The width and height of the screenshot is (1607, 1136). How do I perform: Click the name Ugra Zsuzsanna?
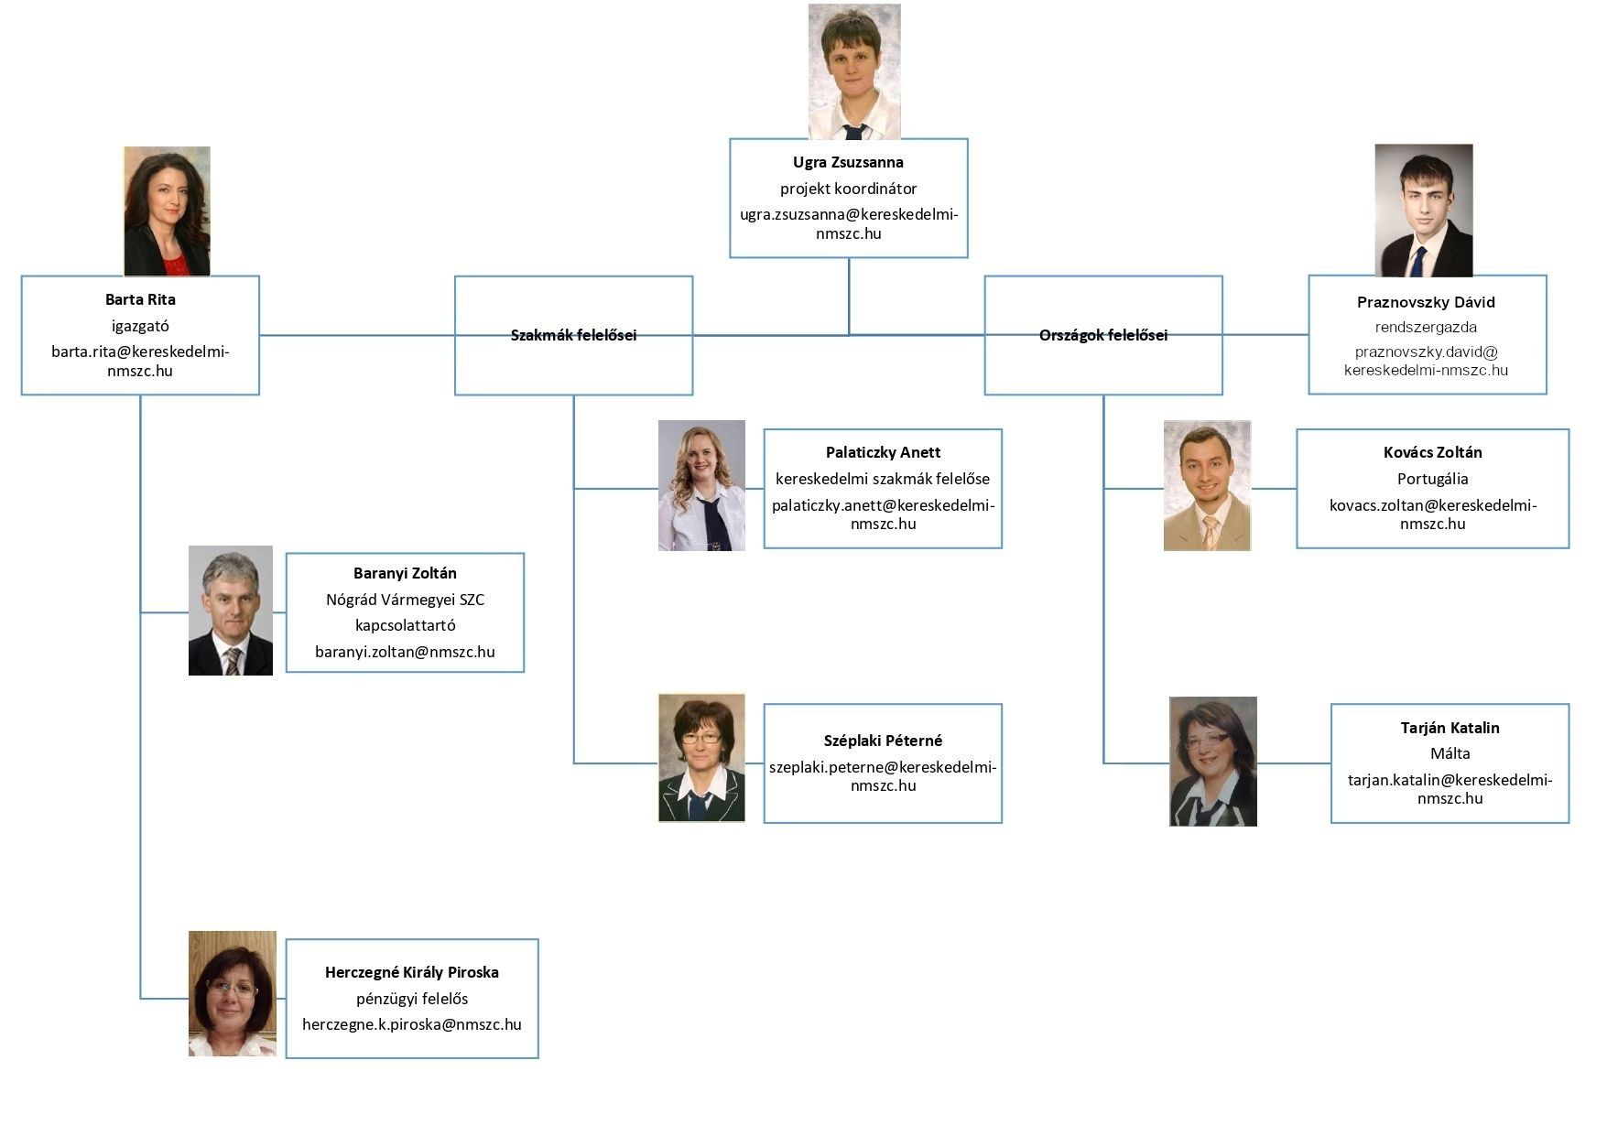point(848,162)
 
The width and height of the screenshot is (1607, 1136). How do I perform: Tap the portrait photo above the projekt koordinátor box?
point(853,71)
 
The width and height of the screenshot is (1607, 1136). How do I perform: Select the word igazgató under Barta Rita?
point(140,326)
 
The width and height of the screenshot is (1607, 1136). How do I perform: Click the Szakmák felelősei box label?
point(573,335)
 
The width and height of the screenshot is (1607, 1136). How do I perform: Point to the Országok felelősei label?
point(1102,335)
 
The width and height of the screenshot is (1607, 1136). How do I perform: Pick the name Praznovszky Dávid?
point(1426,302)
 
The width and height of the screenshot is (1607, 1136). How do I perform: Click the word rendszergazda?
point(1426,327)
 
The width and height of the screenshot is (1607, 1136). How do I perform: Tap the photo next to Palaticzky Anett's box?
point(701,485)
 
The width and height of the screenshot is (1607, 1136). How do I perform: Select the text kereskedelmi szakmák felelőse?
point(882,479)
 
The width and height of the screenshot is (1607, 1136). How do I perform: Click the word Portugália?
point(1432,479)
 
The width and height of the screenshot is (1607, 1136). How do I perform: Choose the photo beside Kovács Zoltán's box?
point(1207,485)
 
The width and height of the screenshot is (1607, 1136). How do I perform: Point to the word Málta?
point(1450,753)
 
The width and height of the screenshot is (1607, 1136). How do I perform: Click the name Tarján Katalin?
point(1450,728)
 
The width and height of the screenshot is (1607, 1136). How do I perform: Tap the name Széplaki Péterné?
point(882,741)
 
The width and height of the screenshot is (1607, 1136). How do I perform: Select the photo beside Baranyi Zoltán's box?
point(231,611)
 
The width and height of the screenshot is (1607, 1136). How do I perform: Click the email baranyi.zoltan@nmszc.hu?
point(405,652)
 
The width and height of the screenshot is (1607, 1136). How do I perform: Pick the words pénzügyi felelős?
point(412,999)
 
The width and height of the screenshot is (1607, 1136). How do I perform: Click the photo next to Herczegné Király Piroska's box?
point(233,993)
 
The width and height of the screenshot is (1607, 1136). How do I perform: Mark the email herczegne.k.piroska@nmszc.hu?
point(412,1024)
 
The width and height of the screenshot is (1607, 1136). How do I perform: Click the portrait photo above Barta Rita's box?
point(167,211)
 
